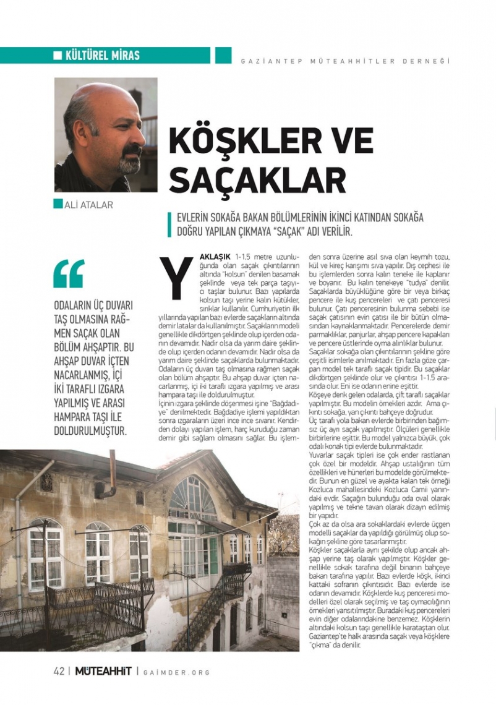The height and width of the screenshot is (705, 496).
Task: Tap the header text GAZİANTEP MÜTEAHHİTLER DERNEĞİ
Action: click(345, 61)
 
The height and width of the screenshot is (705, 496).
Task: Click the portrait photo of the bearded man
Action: click(106, 134)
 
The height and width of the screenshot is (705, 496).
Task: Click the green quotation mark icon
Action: click(68, 273)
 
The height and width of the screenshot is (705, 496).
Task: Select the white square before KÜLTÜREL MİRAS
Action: click(58, 56)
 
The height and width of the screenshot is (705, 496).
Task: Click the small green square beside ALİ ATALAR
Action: click(58, 204)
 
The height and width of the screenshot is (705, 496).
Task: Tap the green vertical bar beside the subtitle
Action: click(169, 225)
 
